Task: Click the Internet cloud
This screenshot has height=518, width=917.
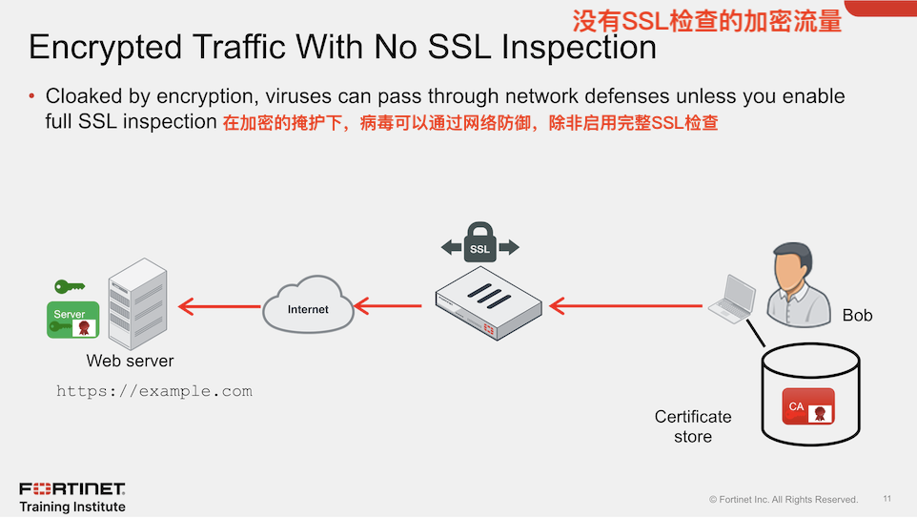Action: coord(308,305)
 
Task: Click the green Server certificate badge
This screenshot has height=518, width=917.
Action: coord(73,320)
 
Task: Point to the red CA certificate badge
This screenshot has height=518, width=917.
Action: coord(807,406)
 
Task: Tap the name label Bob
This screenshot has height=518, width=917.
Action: coord(857,316)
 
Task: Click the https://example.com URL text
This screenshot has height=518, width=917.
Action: coord(154,391)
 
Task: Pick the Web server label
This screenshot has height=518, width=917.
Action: coord(130,362)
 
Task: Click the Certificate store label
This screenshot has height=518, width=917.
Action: coord(693,426)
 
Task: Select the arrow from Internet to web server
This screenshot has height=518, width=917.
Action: coord(220,306)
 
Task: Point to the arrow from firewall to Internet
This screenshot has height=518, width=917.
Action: coord(388,306)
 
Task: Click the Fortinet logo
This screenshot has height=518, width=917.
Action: coord(71,489)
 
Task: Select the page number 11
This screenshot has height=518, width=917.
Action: coord(887,499)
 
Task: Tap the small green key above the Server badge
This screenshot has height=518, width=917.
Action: coord(69,285)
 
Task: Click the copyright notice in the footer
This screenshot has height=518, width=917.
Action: coord(783,500)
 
